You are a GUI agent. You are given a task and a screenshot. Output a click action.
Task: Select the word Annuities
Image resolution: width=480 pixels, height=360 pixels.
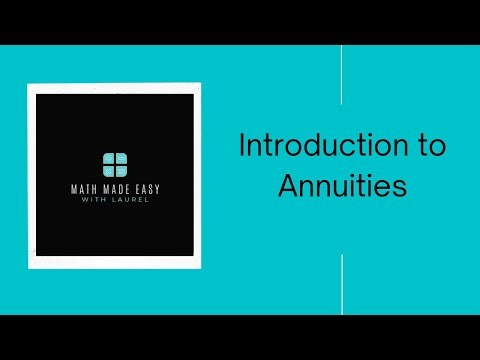342,186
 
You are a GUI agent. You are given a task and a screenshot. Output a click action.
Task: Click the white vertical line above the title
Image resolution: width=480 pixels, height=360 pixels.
342,76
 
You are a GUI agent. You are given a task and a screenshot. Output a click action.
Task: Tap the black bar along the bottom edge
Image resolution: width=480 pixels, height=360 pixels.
240,337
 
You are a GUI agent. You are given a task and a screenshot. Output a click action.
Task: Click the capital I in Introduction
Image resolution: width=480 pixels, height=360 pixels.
242,146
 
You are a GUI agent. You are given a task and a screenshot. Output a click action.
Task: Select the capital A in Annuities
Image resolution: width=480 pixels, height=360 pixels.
287,186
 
